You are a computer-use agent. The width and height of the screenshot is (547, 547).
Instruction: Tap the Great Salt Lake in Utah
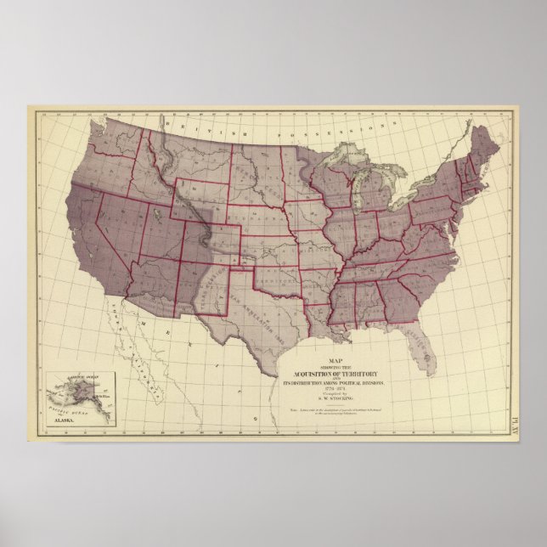166,213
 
